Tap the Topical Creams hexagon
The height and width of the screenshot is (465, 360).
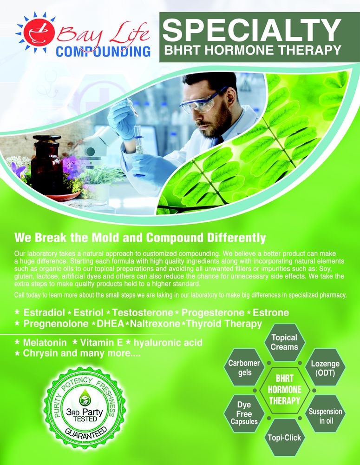click(x=284, y=343)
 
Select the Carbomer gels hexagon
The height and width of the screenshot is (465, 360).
click(x=244, y=368)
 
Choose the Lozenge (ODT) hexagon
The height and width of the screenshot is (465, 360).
click(x=325, y=368)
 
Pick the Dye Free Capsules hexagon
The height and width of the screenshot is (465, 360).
click(x=244, y=413)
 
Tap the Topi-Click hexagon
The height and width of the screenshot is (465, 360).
click(x=284, y=438)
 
